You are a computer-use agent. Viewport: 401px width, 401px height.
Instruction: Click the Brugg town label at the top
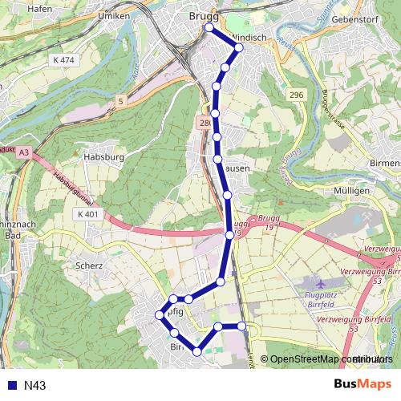(203, 15)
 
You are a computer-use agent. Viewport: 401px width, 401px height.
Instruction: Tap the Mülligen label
(352, 192)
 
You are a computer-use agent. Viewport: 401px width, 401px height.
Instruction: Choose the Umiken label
(112, 15)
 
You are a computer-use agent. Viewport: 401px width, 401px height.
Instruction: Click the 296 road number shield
(297, 95)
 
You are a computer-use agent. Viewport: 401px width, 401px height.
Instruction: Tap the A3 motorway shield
(24, 152)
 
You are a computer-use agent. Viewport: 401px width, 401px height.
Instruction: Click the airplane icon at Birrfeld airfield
(322, 284)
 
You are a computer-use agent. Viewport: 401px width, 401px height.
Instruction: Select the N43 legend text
(35, 386)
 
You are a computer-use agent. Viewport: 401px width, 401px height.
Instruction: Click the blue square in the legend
(11, 386)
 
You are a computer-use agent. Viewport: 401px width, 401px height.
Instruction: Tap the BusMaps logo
(363, 385)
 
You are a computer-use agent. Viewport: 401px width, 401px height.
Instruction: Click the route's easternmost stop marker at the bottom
(241, 326)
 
